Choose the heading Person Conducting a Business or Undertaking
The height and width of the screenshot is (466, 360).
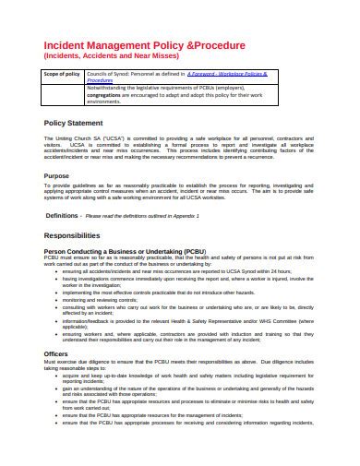(x=124, y=251)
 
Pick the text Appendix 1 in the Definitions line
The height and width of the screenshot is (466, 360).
(x=184, y=215)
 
